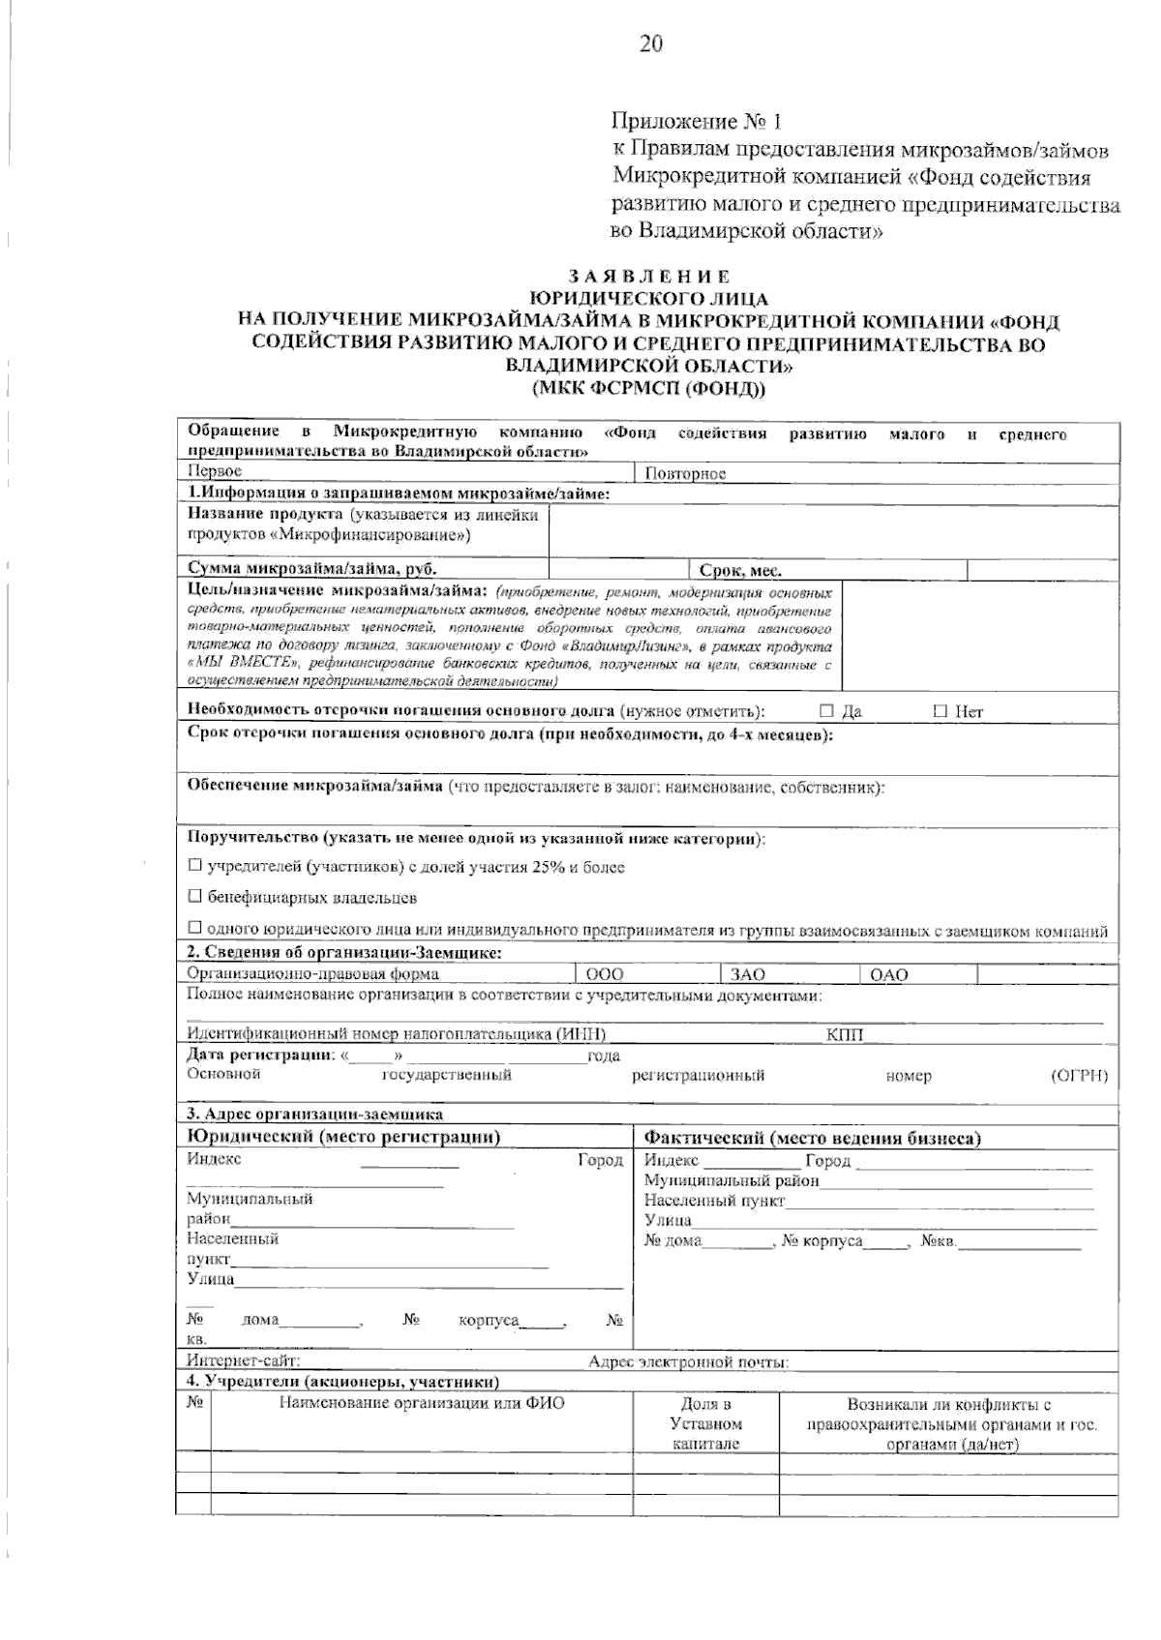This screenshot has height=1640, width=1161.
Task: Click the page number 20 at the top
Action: click(x=650, y=45)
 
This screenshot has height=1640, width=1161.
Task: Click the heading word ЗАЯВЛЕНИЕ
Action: click(x=649, y=278)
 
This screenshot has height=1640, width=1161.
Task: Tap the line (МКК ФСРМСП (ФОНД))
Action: click(x=649, y=389)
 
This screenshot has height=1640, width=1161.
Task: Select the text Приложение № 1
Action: click(x=696, y=122)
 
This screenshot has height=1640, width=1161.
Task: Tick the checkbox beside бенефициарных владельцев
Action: click(x=194, y=897)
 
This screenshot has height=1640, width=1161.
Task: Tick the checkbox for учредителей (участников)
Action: click(x=194, y=866)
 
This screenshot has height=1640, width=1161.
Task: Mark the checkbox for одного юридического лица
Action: click(x=194, y=930)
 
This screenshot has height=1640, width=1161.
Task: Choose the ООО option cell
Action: click(x=647, y=974)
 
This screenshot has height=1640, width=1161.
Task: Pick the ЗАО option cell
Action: click(x=789, y=974)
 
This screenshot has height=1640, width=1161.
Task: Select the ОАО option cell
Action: click(x=917, y=974)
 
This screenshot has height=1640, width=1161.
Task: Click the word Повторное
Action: click(x=685, y=473)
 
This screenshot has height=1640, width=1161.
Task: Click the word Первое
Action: click(x=214, y=471)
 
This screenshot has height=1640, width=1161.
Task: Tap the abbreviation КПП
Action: click(x=845, y=1035)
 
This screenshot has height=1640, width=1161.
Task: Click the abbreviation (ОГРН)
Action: click(x=1079, y=1076)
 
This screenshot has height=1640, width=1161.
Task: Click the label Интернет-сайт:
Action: click(x=243, y=1362)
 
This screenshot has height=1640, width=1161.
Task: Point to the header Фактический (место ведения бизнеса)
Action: click(x=813, y=1138)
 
